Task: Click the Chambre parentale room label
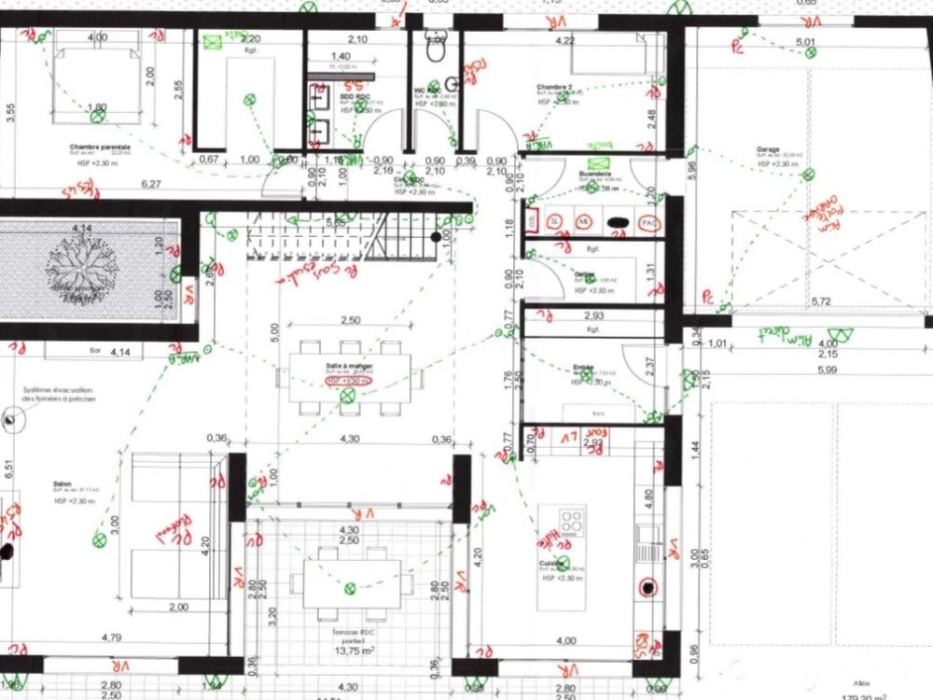pos(99,147)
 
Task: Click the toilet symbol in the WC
pos(436,35)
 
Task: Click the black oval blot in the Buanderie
pos(617,222)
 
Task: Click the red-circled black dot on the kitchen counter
pos(645,588)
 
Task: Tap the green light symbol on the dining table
pos(347,397)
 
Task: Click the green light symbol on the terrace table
pos(350,588)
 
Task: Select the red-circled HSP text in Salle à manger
pos(348,381)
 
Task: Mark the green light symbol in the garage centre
pos(808,175)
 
